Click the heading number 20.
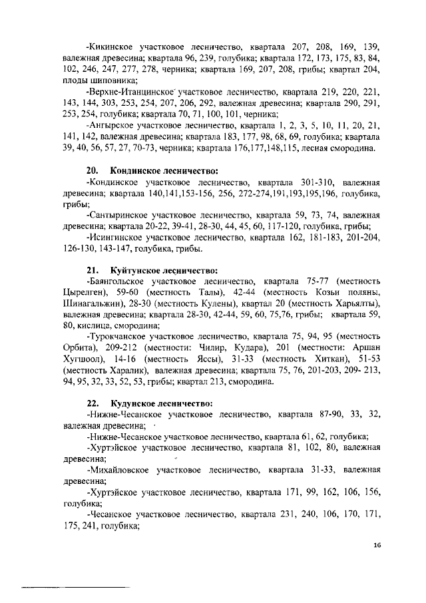(x=93, y=170)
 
